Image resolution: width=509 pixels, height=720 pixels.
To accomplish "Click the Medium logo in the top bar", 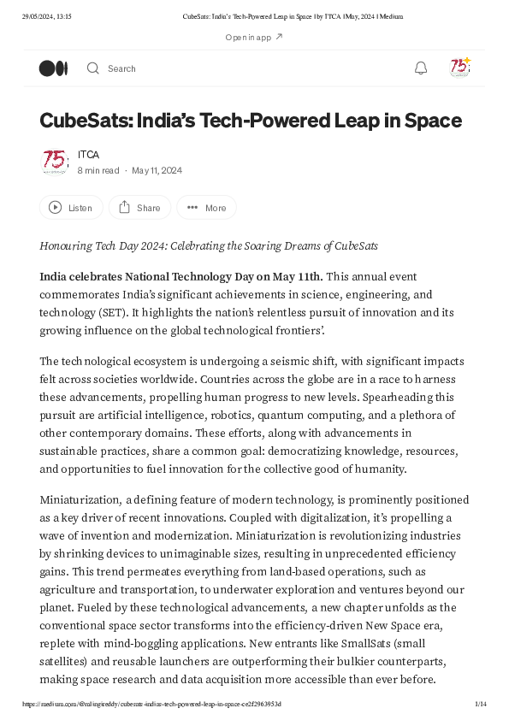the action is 53,68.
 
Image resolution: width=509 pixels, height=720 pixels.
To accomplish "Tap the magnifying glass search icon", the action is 93,68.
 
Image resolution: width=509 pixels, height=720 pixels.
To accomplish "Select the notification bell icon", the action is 421,68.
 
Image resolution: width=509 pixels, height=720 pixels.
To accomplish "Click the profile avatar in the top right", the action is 460,68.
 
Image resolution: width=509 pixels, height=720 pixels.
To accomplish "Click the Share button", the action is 139,208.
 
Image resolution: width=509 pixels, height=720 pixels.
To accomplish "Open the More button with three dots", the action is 206,208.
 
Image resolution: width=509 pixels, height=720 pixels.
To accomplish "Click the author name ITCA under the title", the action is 88,155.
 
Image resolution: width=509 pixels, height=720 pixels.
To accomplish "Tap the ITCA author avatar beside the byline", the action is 55,162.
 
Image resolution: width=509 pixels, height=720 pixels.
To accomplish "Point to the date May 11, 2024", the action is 157,170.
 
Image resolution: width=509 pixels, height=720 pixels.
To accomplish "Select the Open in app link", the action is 254,38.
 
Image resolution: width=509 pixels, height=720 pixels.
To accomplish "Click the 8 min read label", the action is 98,170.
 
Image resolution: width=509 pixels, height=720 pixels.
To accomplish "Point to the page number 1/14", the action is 481,704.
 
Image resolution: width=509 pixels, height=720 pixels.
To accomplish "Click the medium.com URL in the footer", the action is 152,704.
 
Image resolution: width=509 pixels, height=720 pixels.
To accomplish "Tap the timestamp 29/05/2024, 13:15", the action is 48,16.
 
